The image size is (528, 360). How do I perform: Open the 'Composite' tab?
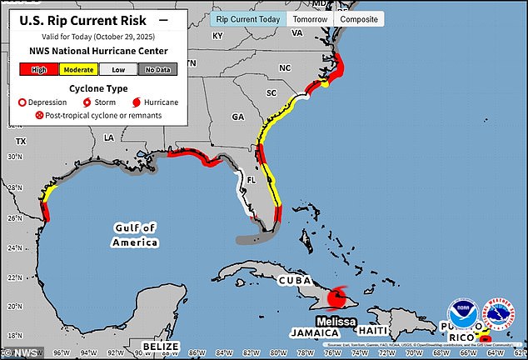pos(360,18)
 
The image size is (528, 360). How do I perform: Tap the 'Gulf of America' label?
pos(135,235)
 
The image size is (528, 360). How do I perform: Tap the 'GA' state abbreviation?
pos(237,117)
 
